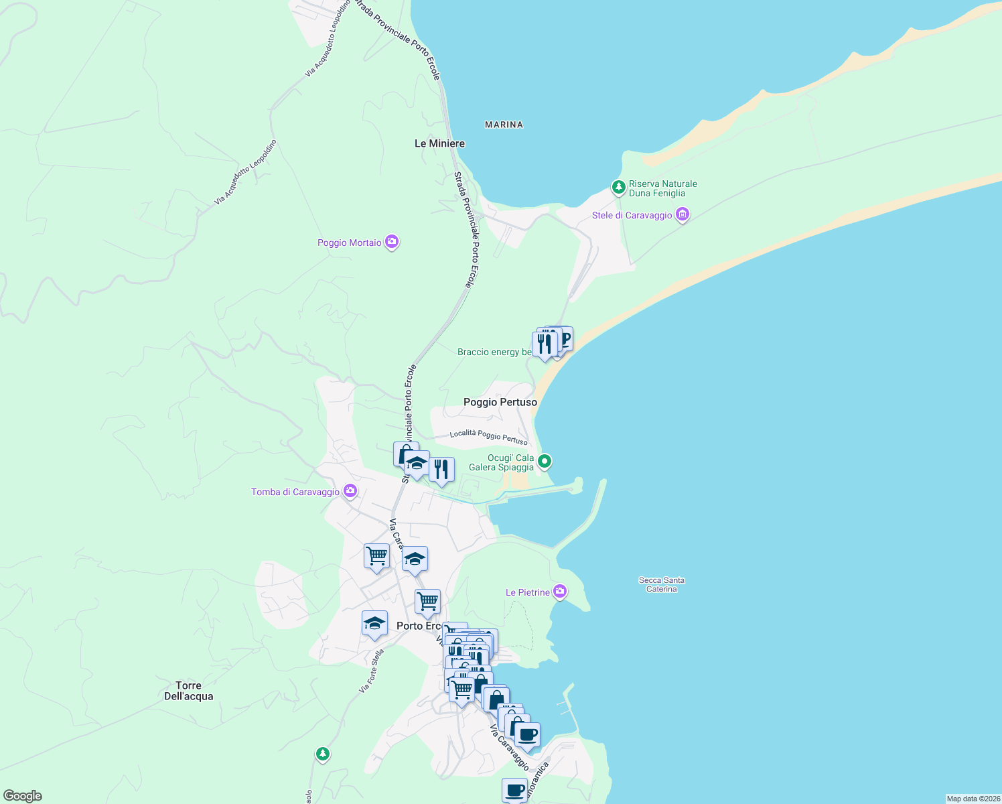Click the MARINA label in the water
(x=504, y=125)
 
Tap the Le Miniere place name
(x=439, y=143)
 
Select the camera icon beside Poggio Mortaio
(x=392, y=242)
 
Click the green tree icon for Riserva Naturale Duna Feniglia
(x=619, y=187)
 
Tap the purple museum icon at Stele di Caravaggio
(x=683, y=214)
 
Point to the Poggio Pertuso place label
(x=500, y=402)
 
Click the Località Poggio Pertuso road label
(x=488, y=436)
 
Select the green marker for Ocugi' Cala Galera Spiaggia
(x=545, y=461)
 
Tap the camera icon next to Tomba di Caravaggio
(x=350, y=492)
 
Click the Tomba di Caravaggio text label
(x=295, y=492)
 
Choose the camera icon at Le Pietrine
(x=560, y=592)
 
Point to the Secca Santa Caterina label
(x=661, y=585)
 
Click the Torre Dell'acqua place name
(x=188, y=691)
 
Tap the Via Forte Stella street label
(x=372, y=671)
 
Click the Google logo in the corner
(x=22, y=796)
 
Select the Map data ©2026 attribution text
(x=973, y=799)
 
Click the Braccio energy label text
(x=494, y=352)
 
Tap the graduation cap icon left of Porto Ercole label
(x=374, y=624)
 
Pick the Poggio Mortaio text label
(x=349, y=243)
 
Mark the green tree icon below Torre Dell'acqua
(x=323, y=754)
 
